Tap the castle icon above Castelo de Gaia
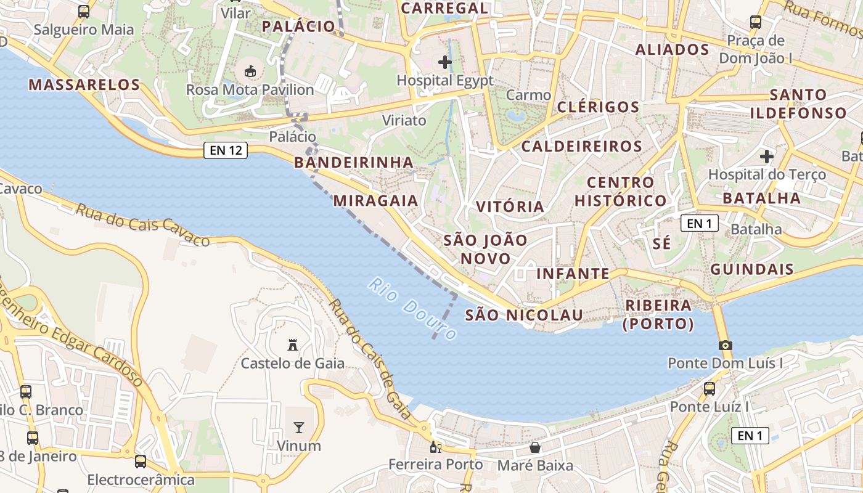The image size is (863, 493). [293, 345]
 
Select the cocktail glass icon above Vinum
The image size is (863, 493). [299, 427]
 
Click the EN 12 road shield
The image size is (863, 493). [226, 150]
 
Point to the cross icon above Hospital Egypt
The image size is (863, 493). [445, 62]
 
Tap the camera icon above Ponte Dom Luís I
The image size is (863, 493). [726, 345]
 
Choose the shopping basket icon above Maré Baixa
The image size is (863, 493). [535, 447]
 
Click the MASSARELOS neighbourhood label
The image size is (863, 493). [84, 85]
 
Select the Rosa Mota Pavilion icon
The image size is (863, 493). [250, 72]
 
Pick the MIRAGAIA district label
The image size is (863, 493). [375, 201]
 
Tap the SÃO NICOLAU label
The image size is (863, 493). [524, 315]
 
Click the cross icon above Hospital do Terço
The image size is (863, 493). [767, 157]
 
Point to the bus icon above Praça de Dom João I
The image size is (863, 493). [756, 23]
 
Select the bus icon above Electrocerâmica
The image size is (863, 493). [141, 462]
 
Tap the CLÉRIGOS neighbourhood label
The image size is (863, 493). [599, 107]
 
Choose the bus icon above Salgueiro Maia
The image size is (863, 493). [84, 12]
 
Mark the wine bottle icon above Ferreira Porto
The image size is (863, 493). [436, 447]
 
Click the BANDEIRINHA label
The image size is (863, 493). [354, 163]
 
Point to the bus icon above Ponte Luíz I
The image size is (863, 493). [710, 389]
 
